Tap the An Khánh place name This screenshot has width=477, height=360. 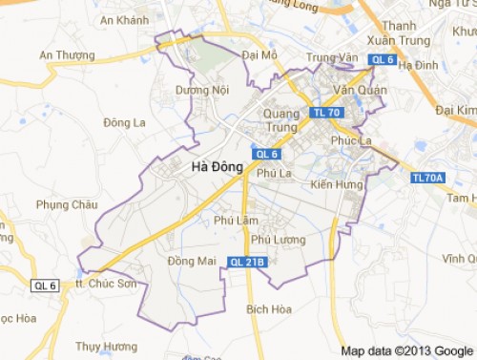tap(124, 20)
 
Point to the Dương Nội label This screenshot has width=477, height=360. tap(203, 91)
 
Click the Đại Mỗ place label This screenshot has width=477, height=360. tap(259, 55)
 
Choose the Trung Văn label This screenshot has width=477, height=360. tap(330, 57)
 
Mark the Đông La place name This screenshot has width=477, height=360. tap(124, 123)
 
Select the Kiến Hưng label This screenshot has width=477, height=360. tap(338, 183)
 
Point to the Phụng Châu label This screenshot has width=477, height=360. tap(67, 204)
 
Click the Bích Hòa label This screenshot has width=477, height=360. tap(269, 309)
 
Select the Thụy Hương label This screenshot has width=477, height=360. tap(106, 346)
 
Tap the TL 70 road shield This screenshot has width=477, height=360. tap(326, 113)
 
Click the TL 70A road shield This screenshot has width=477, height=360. tap(429, 178)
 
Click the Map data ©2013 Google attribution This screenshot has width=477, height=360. tap(407, 349)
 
